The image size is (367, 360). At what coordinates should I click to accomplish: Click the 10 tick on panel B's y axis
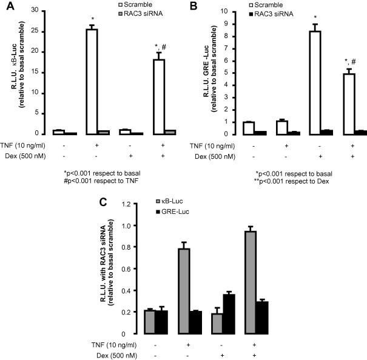[x=232, y=11]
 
